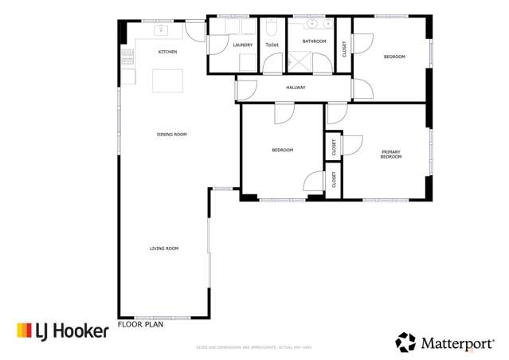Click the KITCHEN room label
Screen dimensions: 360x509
click(167, 53)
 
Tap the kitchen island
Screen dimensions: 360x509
click(169, 80)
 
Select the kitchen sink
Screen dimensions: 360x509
click(159, 31)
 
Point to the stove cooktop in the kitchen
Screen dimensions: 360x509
click(127, 56)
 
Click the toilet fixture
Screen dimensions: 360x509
click(272, 29)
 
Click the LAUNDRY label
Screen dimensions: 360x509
click(243, 45)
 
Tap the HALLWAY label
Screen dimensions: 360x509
click(296, 88)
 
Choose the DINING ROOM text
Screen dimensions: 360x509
click(171, 135)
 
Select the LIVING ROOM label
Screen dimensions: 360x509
click(164, 248)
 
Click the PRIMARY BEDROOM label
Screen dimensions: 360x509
click(390, 154)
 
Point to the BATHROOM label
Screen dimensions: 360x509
click(314, 41)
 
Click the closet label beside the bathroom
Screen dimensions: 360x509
click(344, 49)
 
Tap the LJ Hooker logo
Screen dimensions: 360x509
click(62, 331)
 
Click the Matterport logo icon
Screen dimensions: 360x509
click(405, 342)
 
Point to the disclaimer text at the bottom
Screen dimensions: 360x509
click(254, 347)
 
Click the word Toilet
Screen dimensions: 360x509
click(272, 45)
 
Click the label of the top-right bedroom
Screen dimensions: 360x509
click(394, 57)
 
